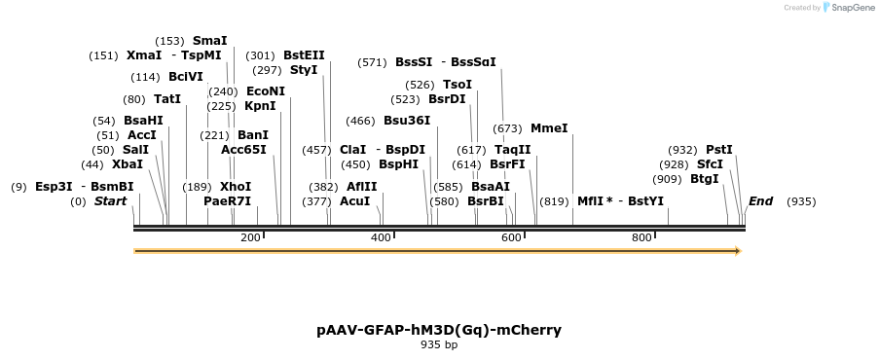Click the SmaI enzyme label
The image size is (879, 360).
point(209,41)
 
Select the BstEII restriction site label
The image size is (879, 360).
point(304,55)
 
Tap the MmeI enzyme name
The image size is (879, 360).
point(549,128)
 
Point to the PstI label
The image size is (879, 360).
point(718,150)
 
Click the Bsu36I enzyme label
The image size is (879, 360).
point(407,121)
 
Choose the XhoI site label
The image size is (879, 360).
point(235,187)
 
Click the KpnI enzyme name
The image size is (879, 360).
point(260,106)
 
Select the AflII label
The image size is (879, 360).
point(361,187)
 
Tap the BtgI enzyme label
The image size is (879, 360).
point(704,179)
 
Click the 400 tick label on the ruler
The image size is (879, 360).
point(381,238)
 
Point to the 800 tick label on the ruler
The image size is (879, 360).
point(641,238)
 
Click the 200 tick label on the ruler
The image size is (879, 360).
point(250,238)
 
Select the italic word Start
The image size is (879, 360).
point(110,201)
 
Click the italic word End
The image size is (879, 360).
point(760,201)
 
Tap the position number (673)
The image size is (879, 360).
point(507,128)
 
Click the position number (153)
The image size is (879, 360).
point(169,41)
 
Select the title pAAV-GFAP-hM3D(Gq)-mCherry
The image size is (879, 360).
point(439,330)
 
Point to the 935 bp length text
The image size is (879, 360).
point(439,345)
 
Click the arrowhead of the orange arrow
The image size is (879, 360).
point(737,251)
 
